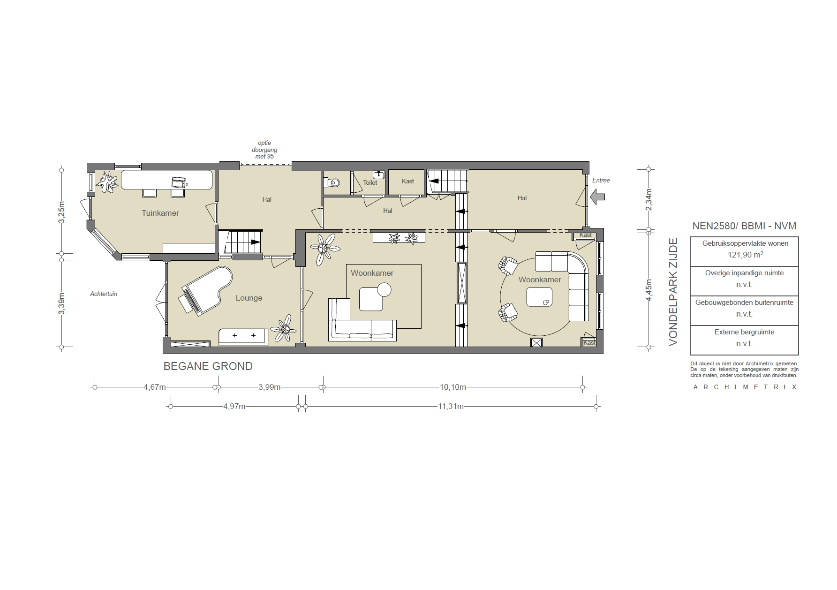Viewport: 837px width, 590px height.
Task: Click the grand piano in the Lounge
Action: (205, 291)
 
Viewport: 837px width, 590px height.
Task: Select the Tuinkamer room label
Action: (160, 213)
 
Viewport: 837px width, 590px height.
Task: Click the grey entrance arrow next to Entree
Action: (597, 197)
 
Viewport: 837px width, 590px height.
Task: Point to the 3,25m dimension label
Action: (61, 213)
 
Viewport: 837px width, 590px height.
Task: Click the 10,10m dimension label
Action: (452, 387)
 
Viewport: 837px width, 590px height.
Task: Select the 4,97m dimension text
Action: (234, 407)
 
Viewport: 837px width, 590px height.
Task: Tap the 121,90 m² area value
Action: (744, 255)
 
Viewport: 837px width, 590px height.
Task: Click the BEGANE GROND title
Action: (208, 366)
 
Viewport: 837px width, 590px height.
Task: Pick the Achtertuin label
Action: (104, 294)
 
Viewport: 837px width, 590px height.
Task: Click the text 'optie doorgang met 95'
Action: (264, 150)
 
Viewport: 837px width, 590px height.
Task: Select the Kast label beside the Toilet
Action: (407, 182)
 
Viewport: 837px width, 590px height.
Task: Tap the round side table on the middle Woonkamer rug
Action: (384, 290)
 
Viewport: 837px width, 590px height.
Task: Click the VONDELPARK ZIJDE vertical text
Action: (673, 292)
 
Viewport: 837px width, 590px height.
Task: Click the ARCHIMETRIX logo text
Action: (745, 387)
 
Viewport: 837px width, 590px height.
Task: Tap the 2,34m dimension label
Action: (649, 199)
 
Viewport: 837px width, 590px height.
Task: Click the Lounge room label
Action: (249, 298)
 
